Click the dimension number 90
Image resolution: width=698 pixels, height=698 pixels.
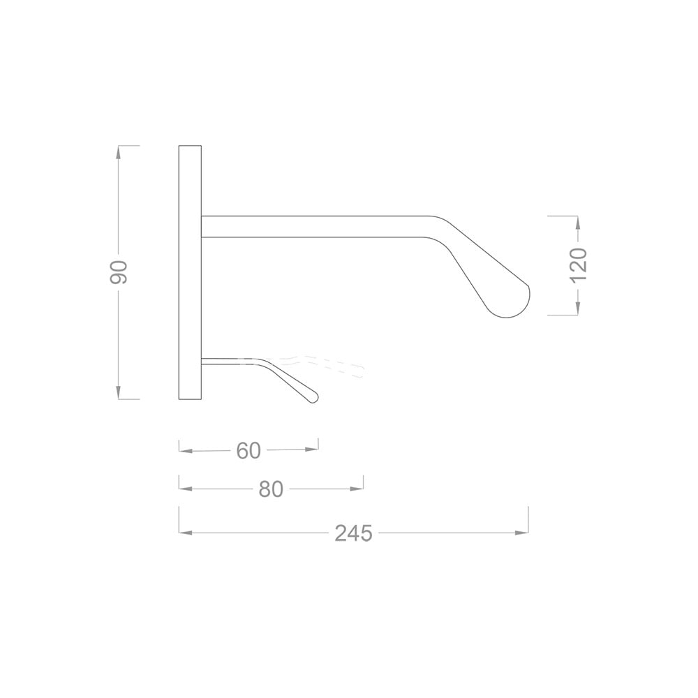click(x=119, y=272)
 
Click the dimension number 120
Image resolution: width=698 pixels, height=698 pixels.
click(x=579, y=264)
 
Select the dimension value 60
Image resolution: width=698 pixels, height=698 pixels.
click(x=248, y=451)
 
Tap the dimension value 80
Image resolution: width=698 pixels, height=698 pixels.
click(x=271, y=489)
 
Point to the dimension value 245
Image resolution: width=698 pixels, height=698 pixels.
click(x=353, y=533)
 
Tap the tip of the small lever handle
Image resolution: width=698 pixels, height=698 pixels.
click(x=313, y=398)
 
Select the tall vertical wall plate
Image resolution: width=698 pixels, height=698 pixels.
click(x=190, y=272)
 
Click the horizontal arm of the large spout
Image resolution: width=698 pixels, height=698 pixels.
click(x=314, y=227)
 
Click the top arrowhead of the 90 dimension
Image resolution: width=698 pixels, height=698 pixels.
click(x=119, y=151)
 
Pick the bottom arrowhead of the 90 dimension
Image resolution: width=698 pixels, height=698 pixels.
click(x=119, y=394)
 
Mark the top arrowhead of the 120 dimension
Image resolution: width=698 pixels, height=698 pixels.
click(x=578, y=221)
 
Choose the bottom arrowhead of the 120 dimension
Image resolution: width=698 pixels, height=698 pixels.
click(x=578, y=309)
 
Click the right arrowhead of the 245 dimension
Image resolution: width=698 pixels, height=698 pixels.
click(x=523, y=533)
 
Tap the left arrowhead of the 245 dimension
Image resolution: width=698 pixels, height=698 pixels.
click(x=184, y=533)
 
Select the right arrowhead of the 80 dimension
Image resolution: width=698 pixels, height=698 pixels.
click(x=358, y=489)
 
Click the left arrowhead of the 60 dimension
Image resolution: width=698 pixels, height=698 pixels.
click(x=184, y=451)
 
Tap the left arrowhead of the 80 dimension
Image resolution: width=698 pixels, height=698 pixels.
click(x=184, y=489)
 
